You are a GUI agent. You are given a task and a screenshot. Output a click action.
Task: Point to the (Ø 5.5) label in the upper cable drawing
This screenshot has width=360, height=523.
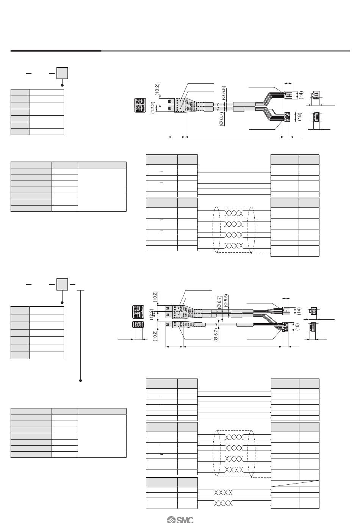[224, 93]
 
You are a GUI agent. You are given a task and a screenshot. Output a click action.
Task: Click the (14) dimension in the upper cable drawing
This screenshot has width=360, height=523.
[302, 94]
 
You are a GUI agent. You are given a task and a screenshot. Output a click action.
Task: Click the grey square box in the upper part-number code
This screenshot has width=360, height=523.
[63, 73]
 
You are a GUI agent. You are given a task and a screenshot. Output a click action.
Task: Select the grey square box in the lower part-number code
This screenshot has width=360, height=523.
[63, 284]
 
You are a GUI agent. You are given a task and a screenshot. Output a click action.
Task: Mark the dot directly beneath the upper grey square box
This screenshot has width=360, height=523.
[63, 85]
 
